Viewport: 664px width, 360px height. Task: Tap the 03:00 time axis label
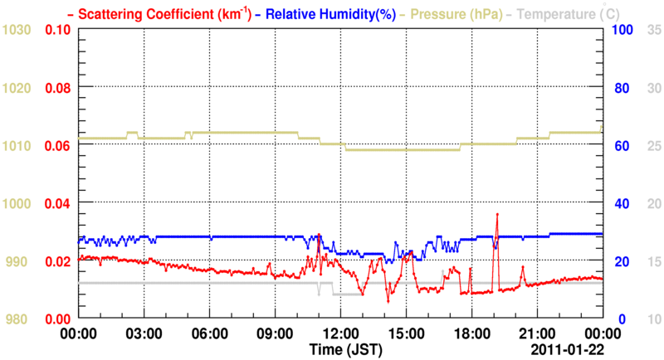144,333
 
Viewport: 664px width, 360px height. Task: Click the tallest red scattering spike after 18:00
497,214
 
